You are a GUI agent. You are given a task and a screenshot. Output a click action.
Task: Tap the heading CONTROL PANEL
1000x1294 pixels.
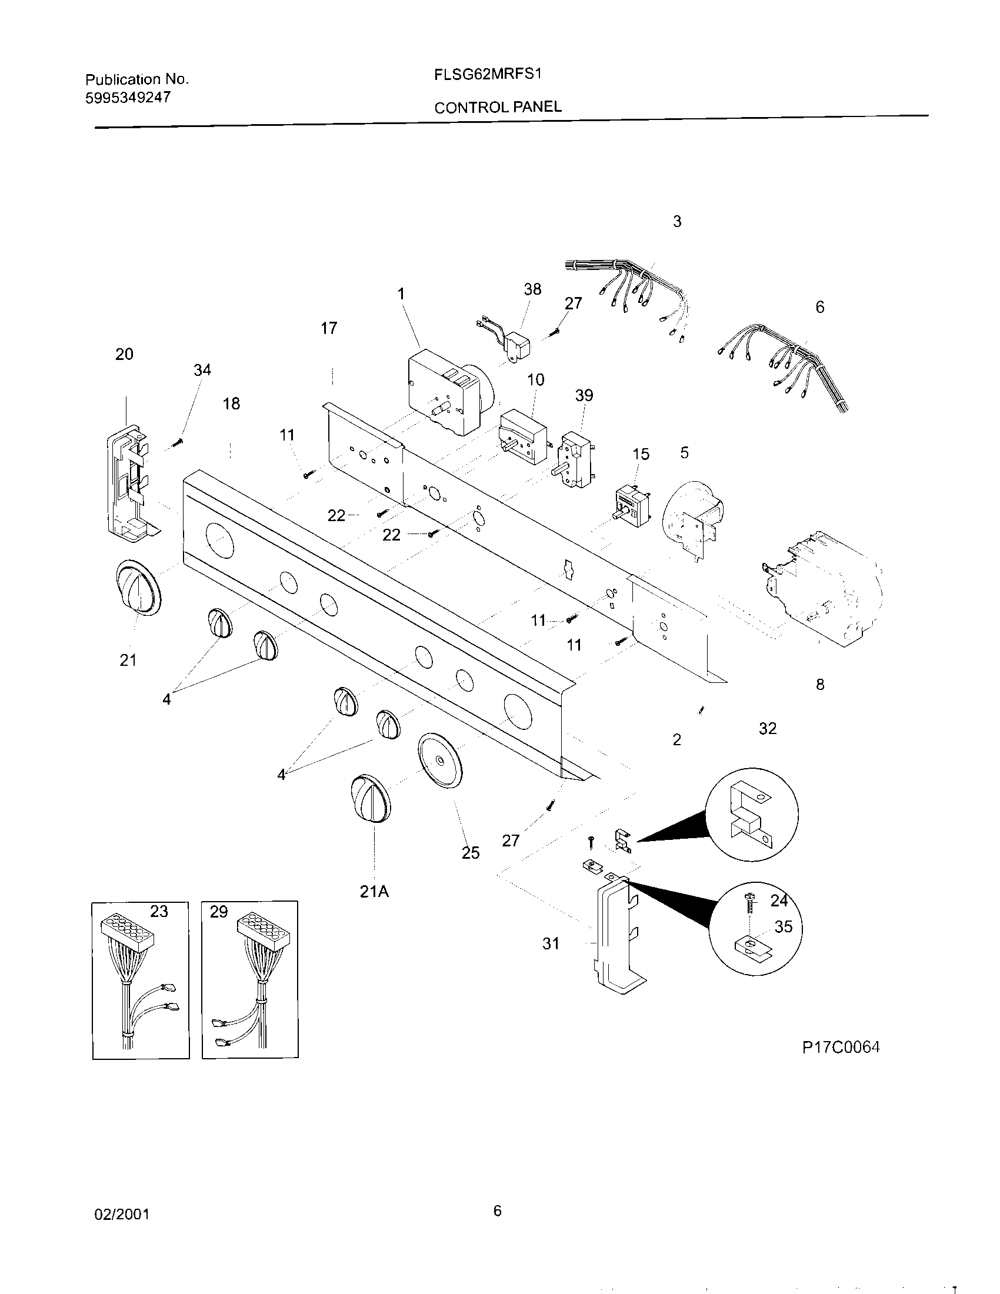click(x=498, y=107)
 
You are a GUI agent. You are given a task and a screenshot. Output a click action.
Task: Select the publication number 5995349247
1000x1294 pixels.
click(x=128, y=98)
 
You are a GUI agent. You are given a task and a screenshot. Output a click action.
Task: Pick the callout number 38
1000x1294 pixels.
click(x=532, y=289)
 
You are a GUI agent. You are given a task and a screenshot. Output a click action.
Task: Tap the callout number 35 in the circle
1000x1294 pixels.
click(x=783, y=926)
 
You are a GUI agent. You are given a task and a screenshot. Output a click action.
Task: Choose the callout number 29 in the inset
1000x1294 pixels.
click(x=219, y=912)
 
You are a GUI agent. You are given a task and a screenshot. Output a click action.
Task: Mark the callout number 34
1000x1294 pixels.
click(x=202, y=370)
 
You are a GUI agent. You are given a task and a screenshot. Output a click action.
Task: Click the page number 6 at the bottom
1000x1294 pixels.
click(x=497, y=1210)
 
